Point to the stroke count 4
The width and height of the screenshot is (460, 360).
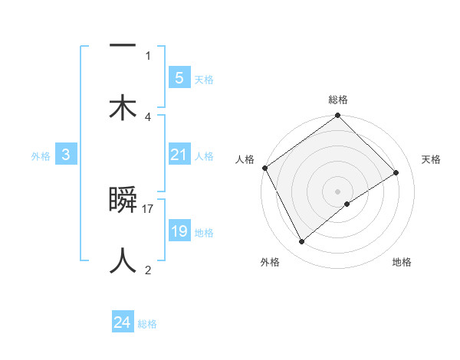[148, 116]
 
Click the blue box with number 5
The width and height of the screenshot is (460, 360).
[179, 77]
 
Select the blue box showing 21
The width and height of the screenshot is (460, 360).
[179, 155]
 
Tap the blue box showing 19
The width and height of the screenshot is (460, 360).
[179, 231]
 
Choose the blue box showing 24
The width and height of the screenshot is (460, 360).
[122, 322]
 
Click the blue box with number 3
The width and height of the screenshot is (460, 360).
[66, 155]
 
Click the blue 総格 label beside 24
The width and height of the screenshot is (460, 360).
[147, 324]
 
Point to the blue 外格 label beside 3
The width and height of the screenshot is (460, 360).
[41, 156]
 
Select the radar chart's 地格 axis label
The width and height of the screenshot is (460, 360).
[402, 262]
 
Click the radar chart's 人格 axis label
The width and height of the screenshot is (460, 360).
[245, 159]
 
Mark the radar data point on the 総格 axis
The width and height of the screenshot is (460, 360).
[337, 116]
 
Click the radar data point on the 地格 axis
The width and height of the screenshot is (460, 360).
[347, 204]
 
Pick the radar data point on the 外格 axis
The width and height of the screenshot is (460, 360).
[301, 242]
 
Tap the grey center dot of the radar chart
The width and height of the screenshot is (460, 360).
[337, 191]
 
